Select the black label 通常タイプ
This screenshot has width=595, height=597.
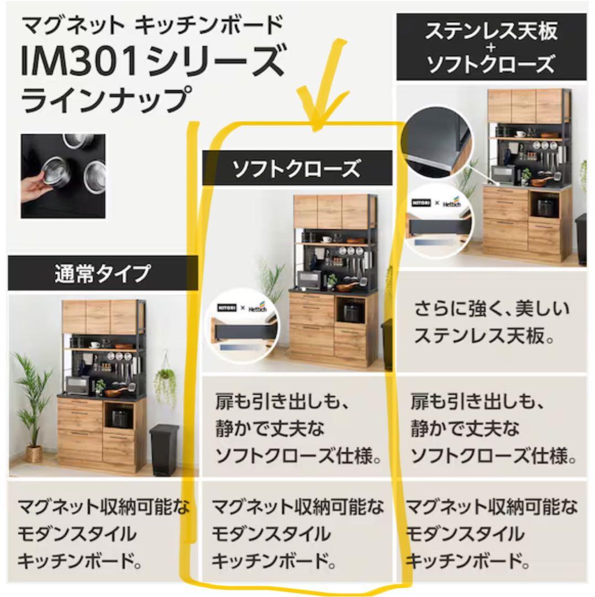(x=102, y=274)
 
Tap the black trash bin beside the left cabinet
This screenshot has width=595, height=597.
(x=164, y=449)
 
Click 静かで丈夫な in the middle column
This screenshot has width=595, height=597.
(x=270, y=430)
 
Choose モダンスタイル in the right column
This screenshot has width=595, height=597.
(x=464, y=534)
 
